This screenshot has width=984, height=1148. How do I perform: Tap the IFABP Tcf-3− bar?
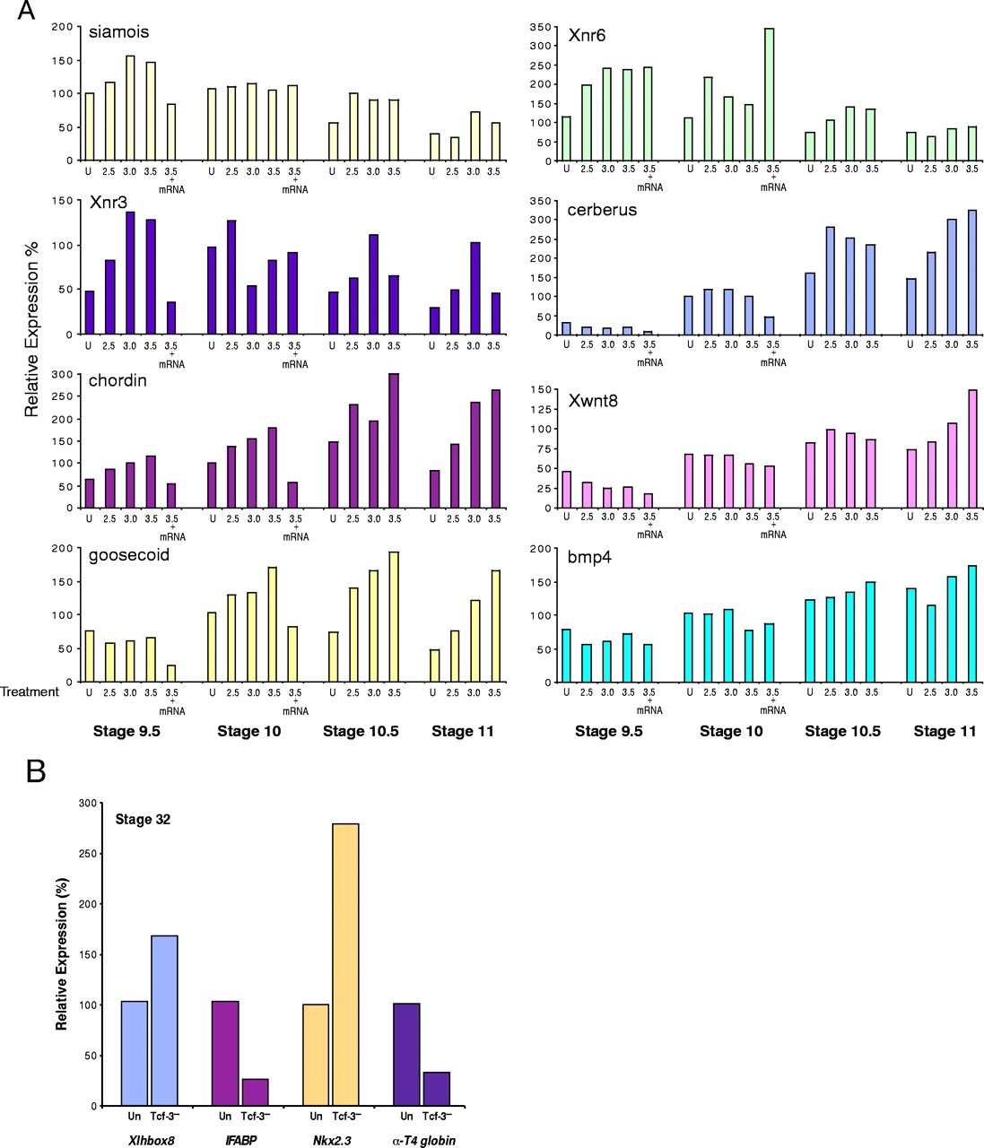tap(255, 1091)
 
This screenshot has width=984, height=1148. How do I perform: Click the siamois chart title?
tap(118, 32)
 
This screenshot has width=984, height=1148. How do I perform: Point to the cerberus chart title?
tap(602, 210)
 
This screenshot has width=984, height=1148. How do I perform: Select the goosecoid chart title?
tap(129, 555)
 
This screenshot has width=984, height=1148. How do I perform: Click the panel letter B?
tap(36, 771)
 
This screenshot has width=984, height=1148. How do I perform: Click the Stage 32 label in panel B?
tap(143, 820)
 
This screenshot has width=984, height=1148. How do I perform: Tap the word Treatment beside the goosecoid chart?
tap(30, 691)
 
